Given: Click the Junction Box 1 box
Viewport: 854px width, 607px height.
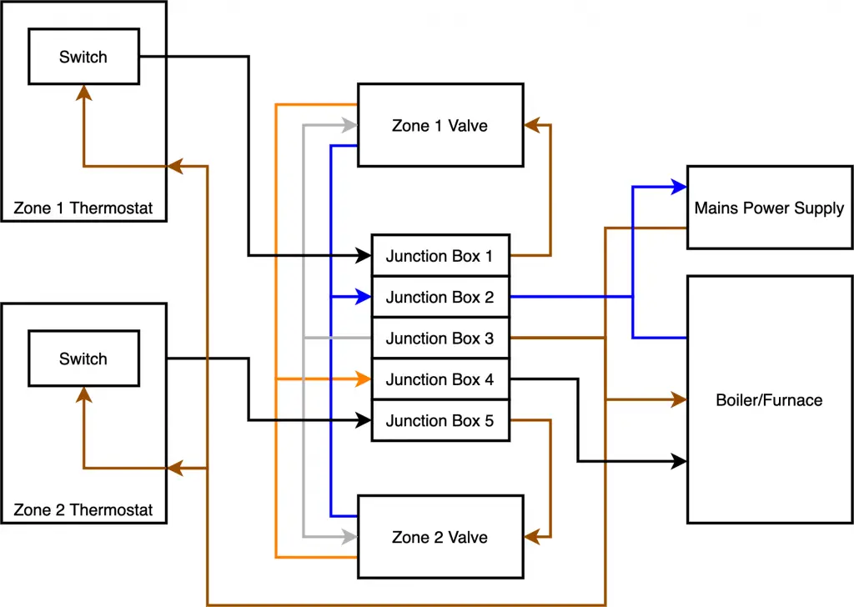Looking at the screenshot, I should tap(440, 256).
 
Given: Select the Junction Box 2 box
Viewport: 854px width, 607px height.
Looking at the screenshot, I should tap(440, 297).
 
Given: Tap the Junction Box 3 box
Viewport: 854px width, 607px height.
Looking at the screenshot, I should tap(440, 339).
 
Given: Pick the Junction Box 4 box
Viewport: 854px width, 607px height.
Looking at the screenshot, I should tap(440, 379).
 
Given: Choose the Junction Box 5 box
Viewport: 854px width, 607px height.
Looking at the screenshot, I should tap(440, 421).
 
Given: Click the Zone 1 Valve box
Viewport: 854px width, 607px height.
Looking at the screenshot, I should tap(440, 125).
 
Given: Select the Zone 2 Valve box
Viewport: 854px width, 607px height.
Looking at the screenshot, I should tap(440, 537).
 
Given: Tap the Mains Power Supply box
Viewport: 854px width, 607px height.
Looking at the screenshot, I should tap(769, 208).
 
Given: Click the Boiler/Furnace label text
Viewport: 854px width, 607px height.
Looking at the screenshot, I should tap(769, 400).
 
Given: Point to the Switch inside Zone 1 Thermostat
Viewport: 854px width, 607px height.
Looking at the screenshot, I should tap(83, 57).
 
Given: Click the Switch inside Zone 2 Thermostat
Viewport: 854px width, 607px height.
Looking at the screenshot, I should tap(83, 359).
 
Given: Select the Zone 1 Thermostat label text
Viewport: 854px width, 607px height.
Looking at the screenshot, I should tap(83, 208).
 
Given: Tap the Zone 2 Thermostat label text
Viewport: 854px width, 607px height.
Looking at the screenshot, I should tap(83, 509).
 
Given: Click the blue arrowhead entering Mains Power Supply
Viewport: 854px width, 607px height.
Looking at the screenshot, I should tap(680, 187).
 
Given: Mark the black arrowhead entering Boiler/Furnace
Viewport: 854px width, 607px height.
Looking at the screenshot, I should tap(680, 461).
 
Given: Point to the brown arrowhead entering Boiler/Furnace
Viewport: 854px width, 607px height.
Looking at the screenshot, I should tap(680, 400).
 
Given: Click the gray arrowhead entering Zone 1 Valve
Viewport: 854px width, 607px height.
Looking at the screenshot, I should tap(351, 125).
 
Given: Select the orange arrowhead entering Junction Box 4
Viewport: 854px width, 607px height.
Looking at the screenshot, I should tap(364, 379).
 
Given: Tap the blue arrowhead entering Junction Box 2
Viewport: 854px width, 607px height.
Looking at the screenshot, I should tap(364, 297).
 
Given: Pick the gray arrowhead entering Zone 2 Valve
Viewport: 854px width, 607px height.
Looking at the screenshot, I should tap(351, 537).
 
